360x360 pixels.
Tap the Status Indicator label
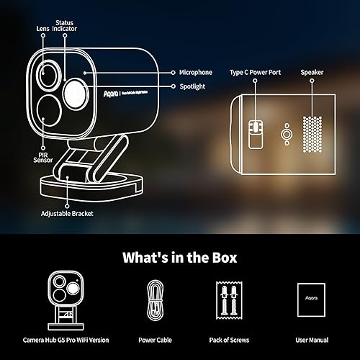[x=65, y=23]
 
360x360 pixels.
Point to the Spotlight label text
[x=191, y=86]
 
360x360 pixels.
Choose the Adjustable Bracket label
[x=68, y=214]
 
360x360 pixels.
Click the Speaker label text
[x=312, y=73]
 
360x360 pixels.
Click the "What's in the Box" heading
[x=180, y=257]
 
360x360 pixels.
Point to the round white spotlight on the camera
[x=75, y=92]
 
